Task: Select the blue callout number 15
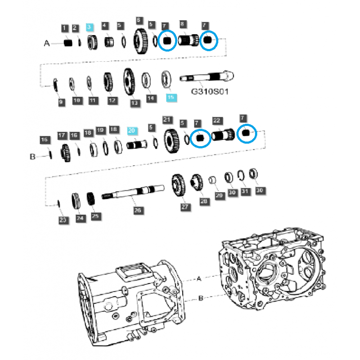[170, 97]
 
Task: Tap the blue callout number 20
[131, 130]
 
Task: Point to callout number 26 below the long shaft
[138, 210]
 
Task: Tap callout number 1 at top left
[65, 28]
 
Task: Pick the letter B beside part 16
[32, 157]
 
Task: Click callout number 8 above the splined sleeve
[182, 24]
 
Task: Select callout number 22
[217, 121]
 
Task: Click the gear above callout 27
[178, 186]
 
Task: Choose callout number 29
[219, 196]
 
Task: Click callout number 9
[61, 102]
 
